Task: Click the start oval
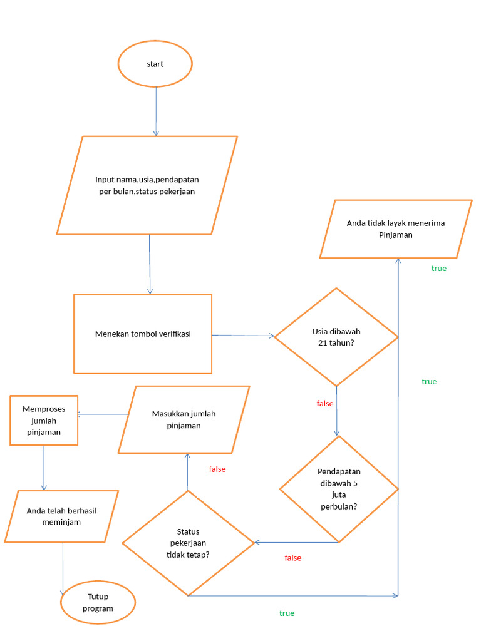click(155, 64)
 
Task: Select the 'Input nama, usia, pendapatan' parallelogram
click(147, 185)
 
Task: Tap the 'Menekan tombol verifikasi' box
click(143, 334)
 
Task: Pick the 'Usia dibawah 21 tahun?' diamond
click(336, 337)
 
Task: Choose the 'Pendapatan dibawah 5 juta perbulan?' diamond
click(338, 488)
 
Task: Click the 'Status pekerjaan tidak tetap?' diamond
click(188, 542)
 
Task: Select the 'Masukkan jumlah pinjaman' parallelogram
click(184, 419)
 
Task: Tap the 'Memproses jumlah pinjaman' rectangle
click(44, 420)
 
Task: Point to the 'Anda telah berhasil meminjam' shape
click(61, 516)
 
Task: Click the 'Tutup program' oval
click(98, 602)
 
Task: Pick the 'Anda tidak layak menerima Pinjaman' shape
click(395, 229)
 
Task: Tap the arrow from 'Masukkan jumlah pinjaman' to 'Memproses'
click(103, 414)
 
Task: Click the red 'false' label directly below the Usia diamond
click(325, 404)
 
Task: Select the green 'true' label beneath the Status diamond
click(287, 613)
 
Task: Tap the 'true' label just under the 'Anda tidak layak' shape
click(438, 269)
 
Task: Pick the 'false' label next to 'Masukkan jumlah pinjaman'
click(217, 469)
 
